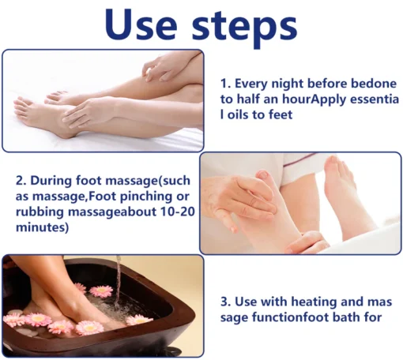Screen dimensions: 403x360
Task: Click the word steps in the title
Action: (244, 28)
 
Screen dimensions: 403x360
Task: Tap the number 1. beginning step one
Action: (226, 84)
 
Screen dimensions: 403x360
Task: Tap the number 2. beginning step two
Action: (21, 181)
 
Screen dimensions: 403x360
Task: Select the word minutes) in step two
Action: (42, 227)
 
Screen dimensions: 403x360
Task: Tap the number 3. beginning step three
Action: (226, 302)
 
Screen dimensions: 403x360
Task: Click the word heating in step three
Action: (314, 302)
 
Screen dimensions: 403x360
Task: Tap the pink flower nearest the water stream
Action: (102, 291)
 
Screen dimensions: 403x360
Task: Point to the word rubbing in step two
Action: (40, 212)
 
